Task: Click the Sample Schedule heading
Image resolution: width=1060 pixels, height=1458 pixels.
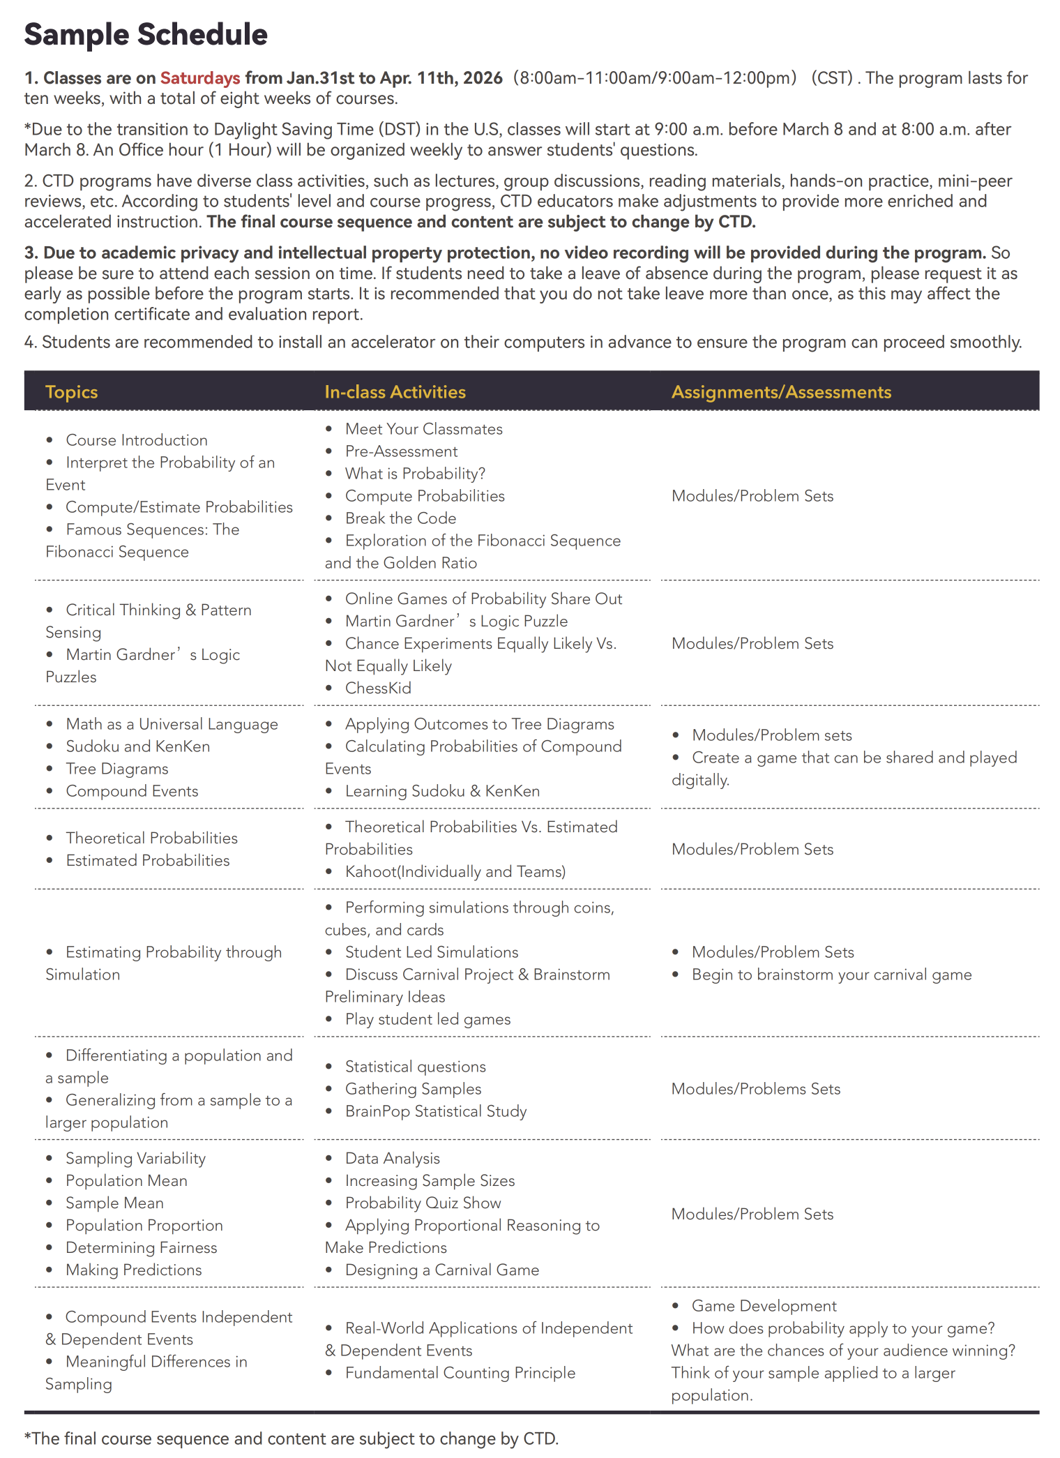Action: (x=146, y=35)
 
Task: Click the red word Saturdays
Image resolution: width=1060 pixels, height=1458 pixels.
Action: (x=200, y=78)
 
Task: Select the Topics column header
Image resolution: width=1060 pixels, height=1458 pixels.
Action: (x=71, y=392)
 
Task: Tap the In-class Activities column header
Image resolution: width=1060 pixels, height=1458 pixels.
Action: (x=395, y=392)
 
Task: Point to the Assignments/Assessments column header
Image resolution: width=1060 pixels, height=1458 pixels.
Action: (x=781, y=392)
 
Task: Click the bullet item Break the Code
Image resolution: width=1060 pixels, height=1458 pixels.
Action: (x=400, y=518)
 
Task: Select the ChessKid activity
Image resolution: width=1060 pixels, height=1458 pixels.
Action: (x=378, y=688)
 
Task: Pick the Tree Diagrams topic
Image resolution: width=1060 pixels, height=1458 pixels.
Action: (x=117, y=769)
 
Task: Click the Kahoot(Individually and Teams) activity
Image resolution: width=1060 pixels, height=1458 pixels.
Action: (x=455, y=871)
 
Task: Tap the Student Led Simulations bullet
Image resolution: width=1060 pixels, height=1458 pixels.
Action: (x=432, y=952)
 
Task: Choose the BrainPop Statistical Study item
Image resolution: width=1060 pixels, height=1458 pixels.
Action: (x=436, y=1111)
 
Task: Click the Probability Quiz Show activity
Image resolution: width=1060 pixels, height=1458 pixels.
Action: (x=423, y=1203)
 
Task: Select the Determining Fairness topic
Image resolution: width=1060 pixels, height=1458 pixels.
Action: (x=141, y=1247)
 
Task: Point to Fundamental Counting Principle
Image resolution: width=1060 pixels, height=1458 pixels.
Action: (x=460, y=1373)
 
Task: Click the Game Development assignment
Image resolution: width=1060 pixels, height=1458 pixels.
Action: (x=764, y=1306)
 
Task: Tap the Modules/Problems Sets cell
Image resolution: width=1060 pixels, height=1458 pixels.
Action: (x=756, y=1089)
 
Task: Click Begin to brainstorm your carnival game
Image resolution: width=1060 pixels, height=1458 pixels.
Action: (x=831, y=975)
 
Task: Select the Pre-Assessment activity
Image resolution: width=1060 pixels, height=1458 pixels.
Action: (x=401, y=451)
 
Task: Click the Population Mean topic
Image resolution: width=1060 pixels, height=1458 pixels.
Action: (x=126, y=1180)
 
